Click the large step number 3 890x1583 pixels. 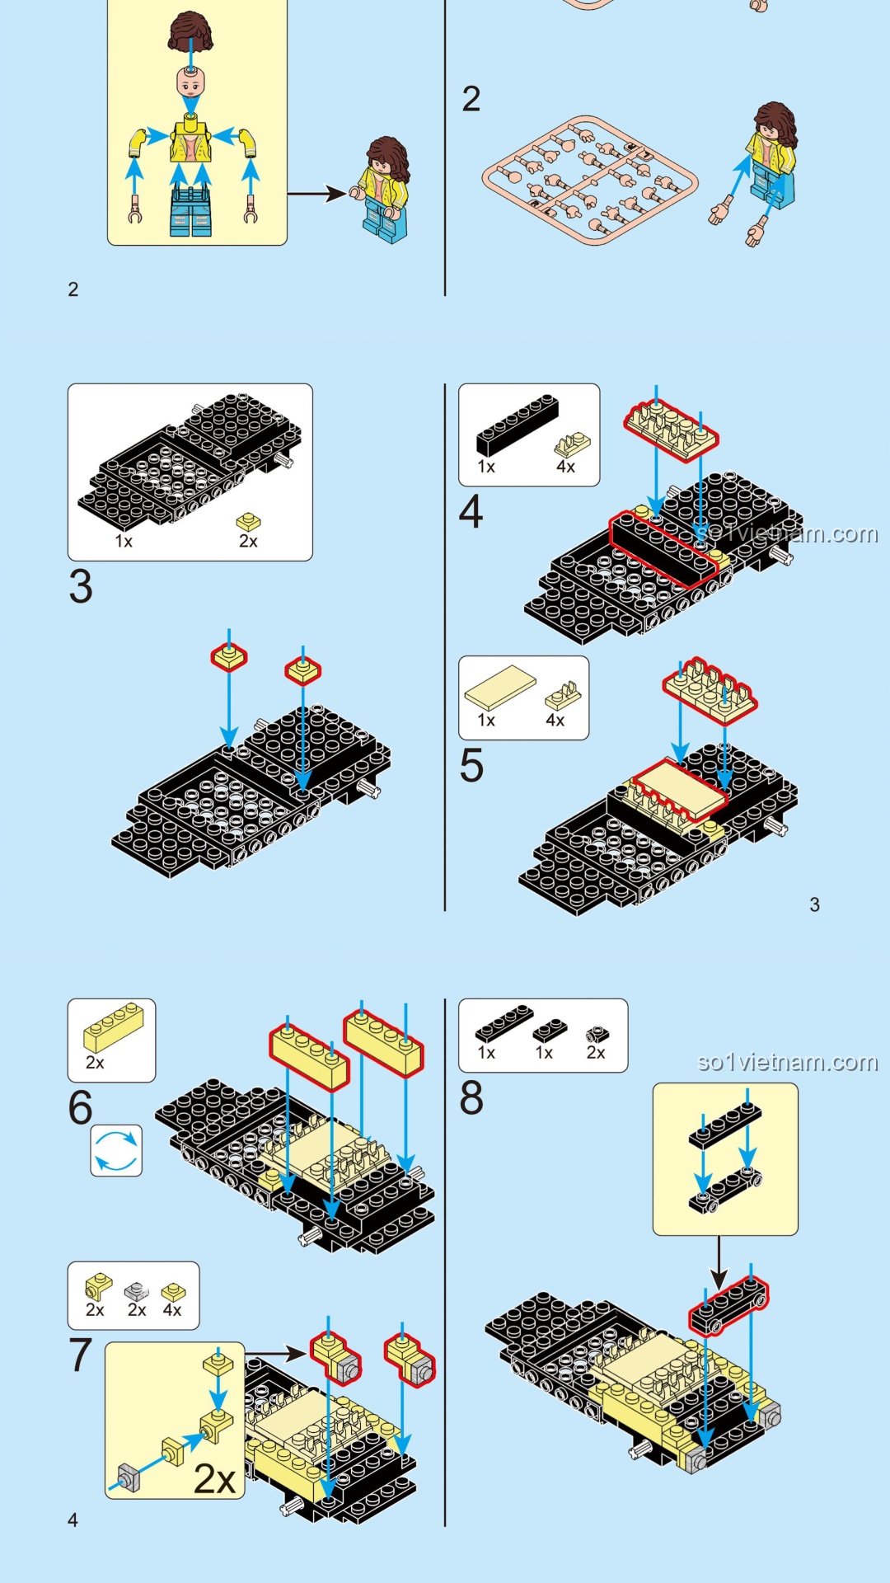[81, 586]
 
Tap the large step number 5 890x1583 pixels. [471, 766]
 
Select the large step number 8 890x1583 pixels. [471, 1098]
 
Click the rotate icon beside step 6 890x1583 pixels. [116, 1150]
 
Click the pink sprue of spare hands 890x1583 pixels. [589, 180]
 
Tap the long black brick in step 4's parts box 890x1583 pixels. [517, 425]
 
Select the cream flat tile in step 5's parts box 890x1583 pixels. [500, 687]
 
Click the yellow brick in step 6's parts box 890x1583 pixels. [114, 1026]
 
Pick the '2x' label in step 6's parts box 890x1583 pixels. [95, 1063]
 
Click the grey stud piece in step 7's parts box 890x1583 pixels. [136, 1291]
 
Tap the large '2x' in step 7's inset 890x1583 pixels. [214, 1479]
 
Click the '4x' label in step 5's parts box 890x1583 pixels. [555, 721]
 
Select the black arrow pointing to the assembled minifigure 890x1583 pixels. [316, 194]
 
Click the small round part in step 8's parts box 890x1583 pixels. [596, 1035]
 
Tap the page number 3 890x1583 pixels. [814, 905]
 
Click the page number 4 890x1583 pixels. [73, 1520]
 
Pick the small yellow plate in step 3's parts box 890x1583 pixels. [248, 522]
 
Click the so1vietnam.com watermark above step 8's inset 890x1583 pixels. [787, 1062]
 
